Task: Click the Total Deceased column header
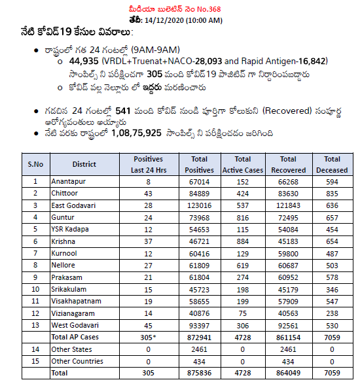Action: tap(332, 164)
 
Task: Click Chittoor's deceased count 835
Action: tap(332, 193)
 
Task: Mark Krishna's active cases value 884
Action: tap(242, 241)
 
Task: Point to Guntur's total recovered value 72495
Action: tap(288, 217)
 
